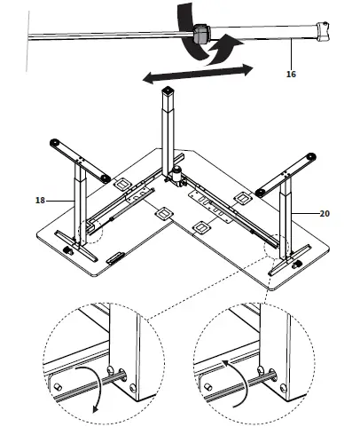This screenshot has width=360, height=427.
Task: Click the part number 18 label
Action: (40, 201)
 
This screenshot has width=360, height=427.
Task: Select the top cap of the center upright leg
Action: (167, 91)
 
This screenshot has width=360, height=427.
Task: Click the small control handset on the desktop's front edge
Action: (116, 259)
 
